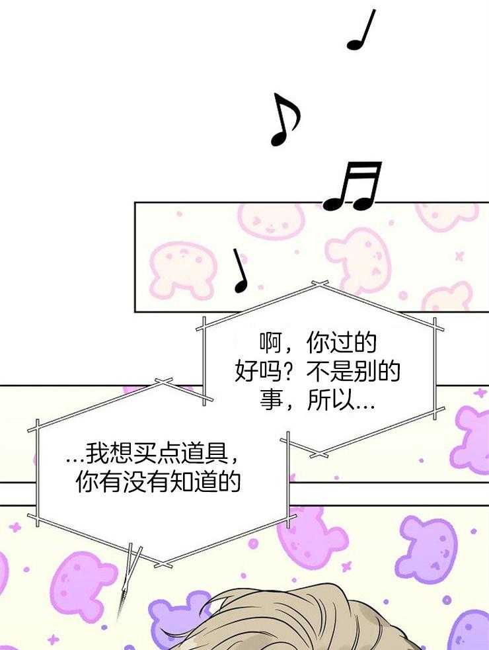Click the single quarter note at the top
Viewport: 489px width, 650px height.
(361, 30)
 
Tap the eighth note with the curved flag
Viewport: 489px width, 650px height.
(285, 120)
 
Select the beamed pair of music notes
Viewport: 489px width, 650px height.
(353, 186)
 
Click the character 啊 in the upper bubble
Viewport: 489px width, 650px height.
(271, 343)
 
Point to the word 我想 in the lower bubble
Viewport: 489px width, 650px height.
(108, 453)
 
